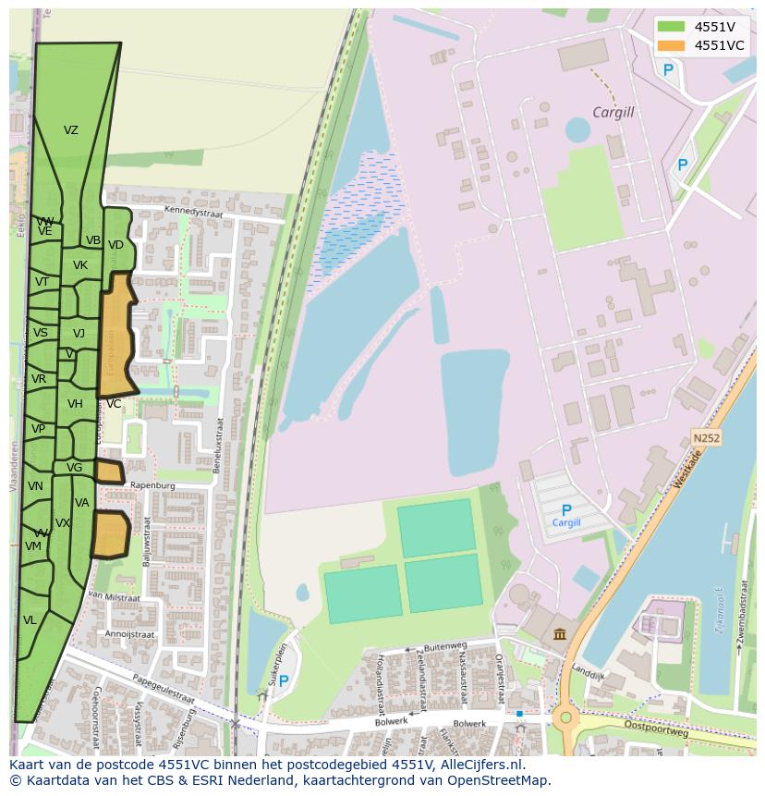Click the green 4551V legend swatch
click(x=671, y=26)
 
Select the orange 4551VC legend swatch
click(x=671, y=45)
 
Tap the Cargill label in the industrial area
click(x=613, y=113)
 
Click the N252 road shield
click(x=705, y=436)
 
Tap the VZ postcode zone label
click(x=71, y=130)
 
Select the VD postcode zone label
click(x=115, y=245)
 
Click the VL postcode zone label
click(x=30, y=620)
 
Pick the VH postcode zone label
click(x=75, y=404)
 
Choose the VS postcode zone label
click(x=41, y=333)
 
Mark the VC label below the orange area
click(x=114, y=404)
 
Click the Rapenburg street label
click(x=152, y=484)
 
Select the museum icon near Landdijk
click(x=561, y=633)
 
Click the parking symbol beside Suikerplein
click(x=284, y=681)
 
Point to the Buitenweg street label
click(x=445, y=647)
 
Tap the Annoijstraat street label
click(x=129, y=634)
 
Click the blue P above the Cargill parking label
click(x=566, y=509)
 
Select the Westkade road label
click(x=687, y=469)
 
